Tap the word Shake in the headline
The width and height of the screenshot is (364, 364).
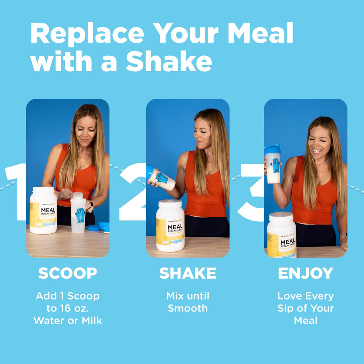(x=169, y=62)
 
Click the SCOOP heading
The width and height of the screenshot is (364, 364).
(x=68, y=273)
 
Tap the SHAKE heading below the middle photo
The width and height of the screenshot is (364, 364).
(x=187, y=273)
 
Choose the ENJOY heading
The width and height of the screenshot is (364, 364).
(x=305, y=273)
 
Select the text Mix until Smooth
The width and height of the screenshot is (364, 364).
(x=187, y=302)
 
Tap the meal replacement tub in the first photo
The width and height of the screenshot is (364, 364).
(x=43, y=210)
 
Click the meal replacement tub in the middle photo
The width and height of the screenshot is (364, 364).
(x=170, y=225)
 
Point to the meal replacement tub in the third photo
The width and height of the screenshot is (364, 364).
(x=281, y=235)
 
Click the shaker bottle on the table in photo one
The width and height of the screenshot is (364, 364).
(x=78, y=213)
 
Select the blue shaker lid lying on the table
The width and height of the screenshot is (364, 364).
(x=94, y=228)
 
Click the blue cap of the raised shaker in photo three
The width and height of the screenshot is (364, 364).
(x=272, y=149)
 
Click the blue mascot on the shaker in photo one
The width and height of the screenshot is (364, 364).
(x=80, y=215)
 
